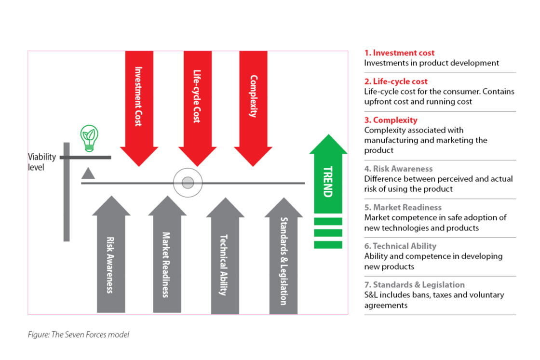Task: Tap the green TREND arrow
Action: (x=328, y=183)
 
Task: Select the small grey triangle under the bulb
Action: (x=88, y=173)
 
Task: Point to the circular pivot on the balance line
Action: (x=188, y=183)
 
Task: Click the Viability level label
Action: (x=42, y=162)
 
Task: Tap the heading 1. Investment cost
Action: (x=399, y=53)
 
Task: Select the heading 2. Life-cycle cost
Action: (x=396, y=81)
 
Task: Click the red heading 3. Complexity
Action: (x=391, y=120)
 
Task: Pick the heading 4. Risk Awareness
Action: (x=398, y=169)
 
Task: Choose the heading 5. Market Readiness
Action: (x=403, y=207)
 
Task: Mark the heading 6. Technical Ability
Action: (x=400, y=246)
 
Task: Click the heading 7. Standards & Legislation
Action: (x=414, y=284)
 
